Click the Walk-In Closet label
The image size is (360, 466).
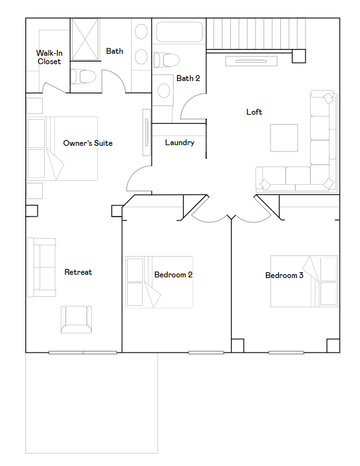(49, 57)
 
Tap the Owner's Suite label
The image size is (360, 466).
(88, 143)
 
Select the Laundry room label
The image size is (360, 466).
(180, 143)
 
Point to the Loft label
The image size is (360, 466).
(254, 111)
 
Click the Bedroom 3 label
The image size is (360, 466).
(284, 275)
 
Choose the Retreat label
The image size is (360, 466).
(78, 272)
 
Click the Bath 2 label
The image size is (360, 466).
(188, 78)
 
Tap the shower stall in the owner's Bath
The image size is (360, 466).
(85, 40)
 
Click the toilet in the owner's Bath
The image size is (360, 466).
(83, 76)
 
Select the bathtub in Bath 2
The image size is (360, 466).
(180, 32)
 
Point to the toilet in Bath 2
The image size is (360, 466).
(166, 60)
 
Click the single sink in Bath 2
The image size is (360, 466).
(163, 90)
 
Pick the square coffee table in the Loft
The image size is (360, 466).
(284, 138)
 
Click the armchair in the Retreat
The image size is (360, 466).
(77, 319)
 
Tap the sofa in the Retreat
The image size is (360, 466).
(42, 267)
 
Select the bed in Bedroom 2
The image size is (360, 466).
(159, 282)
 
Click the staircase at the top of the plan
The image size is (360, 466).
(256, 34)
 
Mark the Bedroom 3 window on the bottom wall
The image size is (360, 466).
(286, 353)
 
